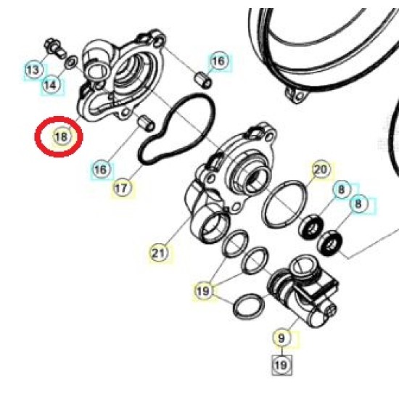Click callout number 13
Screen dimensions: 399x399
[33, 70]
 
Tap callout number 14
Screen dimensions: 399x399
[51, 84]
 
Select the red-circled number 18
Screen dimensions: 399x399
[62, 137]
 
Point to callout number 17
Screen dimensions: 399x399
[122, 188]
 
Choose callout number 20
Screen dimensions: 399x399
[321, 169]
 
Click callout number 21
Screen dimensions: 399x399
[160, 253]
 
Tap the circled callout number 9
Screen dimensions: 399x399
[281, 338]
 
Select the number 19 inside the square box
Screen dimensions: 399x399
[281, 365]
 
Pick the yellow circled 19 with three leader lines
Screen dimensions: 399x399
[203, 291]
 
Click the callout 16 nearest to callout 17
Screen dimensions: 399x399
[101, 169]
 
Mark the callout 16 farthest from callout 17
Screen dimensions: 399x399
[219, 61]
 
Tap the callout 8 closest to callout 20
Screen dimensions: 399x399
[342, 189]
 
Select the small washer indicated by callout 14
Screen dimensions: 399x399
[71, 62]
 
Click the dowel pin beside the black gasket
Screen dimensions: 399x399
[146, 123]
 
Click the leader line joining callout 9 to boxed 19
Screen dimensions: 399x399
[281, 351]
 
